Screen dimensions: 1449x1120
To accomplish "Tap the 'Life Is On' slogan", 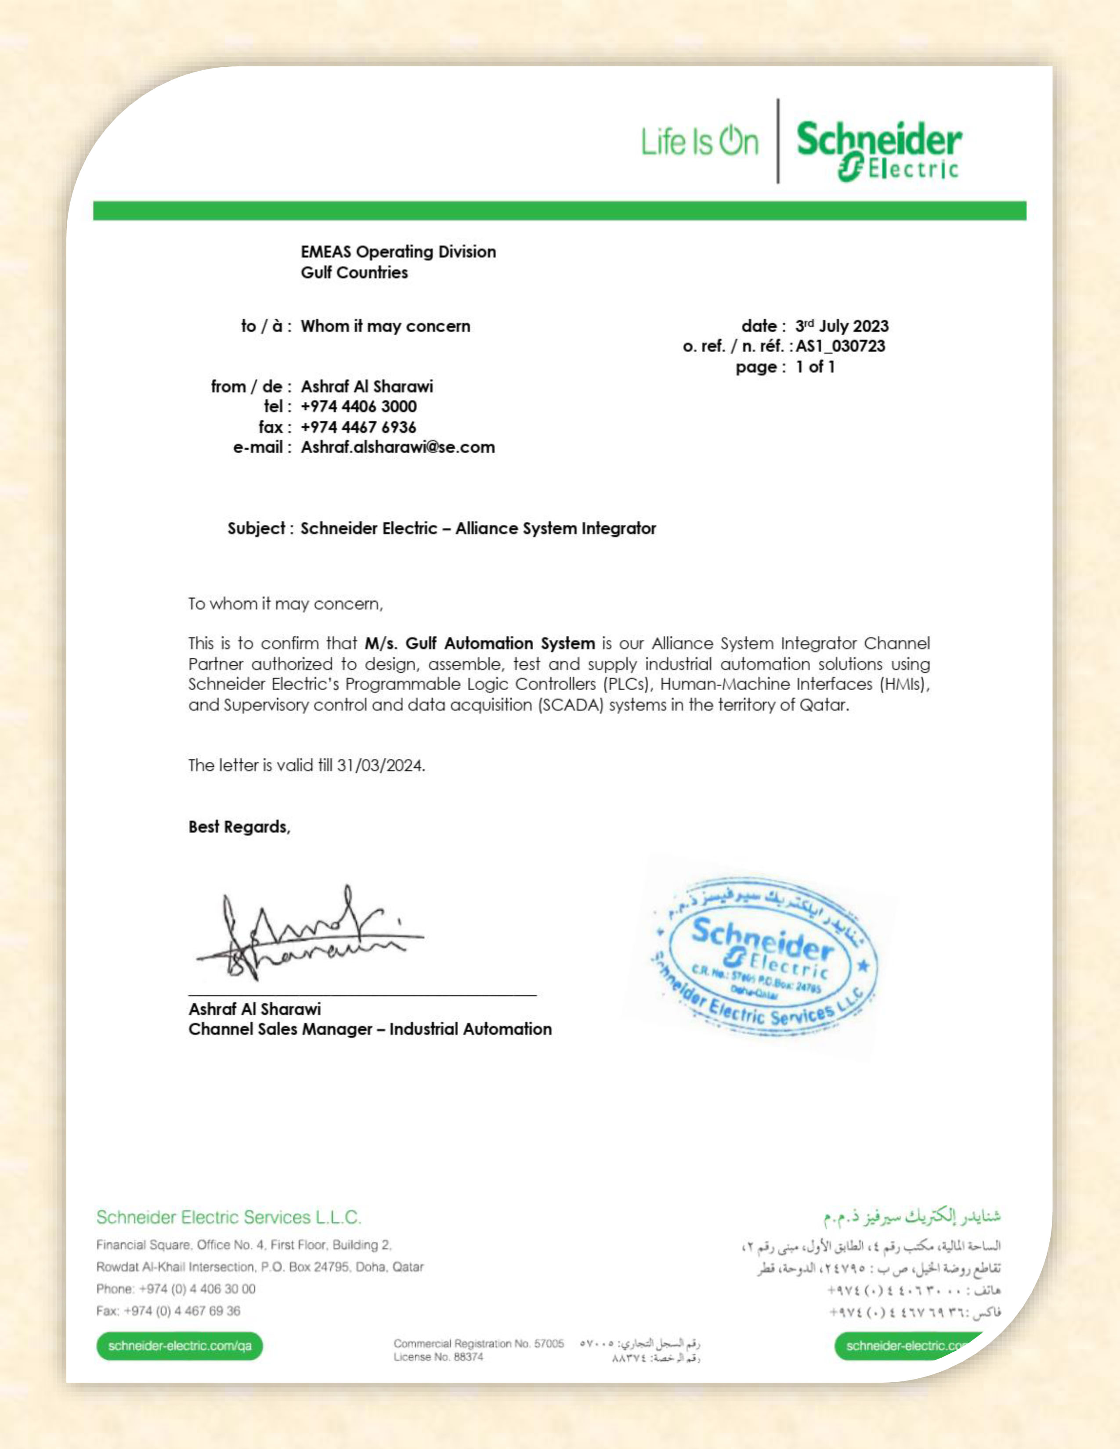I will (x=699, y=141).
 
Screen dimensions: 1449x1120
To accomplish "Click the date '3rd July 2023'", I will (x=842, y=326).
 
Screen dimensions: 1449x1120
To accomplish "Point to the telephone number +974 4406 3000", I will (x=358, y=406).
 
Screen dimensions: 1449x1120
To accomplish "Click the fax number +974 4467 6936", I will (x=358, y=427).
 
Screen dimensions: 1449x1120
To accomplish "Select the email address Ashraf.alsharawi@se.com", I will (x=397, y=447).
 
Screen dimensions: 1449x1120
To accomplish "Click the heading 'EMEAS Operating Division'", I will (x=398, y=252).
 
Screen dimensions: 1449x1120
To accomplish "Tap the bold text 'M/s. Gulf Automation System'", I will (x=479, y=643).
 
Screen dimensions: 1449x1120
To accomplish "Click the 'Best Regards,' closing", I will (x=239, y=827).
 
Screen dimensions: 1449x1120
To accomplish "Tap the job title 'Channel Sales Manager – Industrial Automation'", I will (x=369, y=1029).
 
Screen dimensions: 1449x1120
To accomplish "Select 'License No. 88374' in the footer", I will (x=438, y=1357).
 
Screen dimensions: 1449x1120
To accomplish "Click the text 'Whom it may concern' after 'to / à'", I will (x=385, y=326).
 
